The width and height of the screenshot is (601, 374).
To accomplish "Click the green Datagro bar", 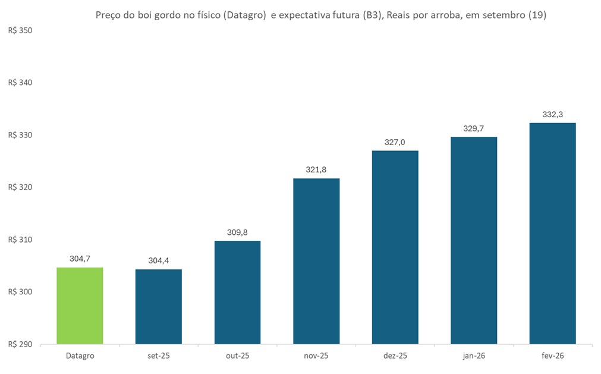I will (x=80, y=306).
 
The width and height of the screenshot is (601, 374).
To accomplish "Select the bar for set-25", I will (x=159, y=307).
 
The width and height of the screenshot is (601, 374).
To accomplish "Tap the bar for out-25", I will (x=237, y=293).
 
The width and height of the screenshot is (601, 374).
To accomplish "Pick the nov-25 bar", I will (x=316, y=262).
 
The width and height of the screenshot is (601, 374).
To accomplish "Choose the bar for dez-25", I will (x=395, y=247).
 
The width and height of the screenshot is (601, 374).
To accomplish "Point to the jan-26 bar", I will (x=474, y=241).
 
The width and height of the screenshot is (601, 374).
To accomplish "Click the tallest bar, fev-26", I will (x=553, y=234).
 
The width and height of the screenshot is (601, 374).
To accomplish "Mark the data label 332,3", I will (x=553, y=114).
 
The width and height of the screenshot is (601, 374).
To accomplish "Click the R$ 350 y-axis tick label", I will (x=20, y=30).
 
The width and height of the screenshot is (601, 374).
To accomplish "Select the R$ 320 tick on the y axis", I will (x=20, y=187).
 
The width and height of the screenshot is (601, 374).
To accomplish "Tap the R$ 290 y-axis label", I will (x=20, y=344).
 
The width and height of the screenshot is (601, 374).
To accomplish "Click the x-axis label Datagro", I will (x=80, y=356).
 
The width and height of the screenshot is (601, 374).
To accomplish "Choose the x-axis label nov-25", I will (x=316, y=356).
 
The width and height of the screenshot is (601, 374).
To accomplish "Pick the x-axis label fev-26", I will (x=553, y=356).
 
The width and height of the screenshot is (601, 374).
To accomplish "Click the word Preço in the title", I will (x=109, y=16).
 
